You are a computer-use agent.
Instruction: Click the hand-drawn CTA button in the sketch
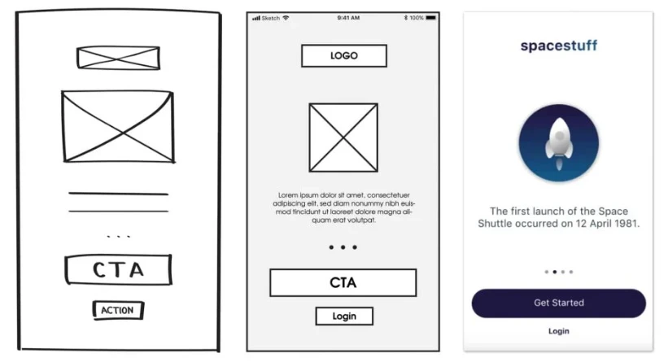click(119, 269)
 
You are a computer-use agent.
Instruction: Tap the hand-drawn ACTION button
click(118, 310)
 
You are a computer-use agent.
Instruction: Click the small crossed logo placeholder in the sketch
click(119, 58)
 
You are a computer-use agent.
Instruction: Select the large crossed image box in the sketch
click(118, 126)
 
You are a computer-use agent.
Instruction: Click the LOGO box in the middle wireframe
click(344, 56)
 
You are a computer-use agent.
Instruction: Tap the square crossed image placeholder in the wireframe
click(343, 137)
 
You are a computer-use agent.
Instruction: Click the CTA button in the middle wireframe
click(343, 283)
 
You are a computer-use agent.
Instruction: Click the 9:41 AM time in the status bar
click(348, 18)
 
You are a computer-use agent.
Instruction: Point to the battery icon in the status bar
click(431, 18)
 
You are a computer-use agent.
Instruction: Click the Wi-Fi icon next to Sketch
click(286, 18)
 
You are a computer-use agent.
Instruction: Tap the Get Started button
click(558, 303)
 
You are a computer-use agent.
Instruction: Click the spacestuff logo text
click(558, 46)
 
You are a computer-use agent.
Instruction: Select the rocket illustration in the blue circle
click(559, 143)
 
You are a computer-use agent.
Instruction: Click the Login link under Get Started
click(558, 331)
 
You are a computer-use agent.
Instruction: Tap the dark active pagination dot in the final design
click(555, 272)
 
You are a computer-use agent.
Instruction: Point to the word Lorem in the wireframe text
click(287, 195)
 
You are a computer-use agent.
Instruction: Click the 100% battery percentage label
click(417, 18)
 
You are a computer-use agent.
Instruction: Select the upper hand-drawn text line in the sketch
click(119, 194)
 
